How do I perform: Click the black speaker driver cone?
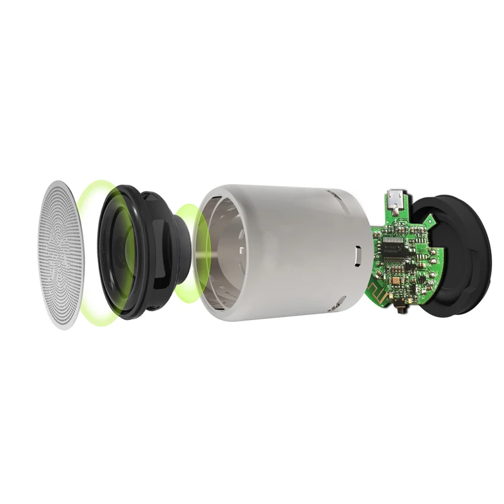pyautogui.click(x=120, y=252)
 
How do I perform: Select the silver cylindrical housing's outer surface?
pyautogui.click(x=296, y=252)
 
